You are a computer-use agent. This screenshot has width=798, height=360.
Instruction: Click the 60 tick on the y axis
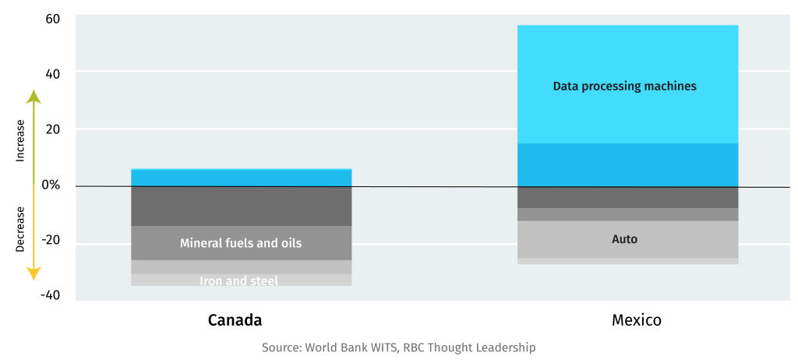tap(53, 19)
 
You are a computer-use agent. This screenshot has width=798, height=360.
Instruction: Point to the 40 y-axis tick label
tap(53, 74)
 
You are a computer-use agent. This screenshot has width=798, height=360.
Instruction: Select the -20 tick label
tap(50, 240)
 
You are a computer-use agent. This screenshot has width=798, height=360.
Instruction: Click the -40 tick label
tap(50, 295)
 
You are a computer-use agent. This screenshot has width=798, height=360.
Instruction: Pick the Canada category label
tap(235, 320)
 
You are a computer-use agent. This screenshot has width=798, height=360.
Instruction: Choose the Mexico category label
tap(637, 320)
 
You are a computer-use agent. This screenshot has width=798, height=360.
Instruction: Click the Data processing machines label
tap(624, 86)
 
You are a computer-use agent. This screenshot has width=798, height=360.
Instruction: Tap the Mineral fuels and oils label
tap(241, 243)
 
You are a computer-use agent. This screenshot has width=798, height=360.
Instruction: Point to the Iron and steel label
tap(238, 281)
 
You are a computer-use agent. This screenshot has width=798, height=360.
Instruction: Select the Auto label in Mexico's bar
tap(624, 238)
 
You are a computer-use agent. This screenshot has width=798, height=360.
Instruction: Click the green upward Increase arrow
tap(34, 136)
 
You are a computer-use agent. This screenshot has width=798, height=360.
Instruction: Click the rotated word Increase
tap(20, 141)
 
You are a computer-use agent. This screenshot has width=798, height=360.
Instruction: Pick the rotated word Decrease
tap(20, 229)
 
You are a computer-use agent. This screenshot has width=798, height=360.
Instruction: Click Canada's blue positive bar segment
tap(242, 178)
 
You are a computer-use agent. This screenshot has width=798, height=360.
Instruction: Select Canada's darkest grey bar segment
tap(242, 206)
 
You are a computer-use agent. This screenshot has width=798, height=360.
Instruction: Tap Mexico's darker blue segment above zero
tap(627, 165)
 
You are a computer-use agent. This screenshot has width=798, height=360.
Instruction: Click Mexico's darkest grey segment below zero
tap(627, 198)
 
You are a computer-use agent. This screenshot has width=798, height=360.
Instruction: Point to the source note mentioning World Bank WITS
tap(398, 348)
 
